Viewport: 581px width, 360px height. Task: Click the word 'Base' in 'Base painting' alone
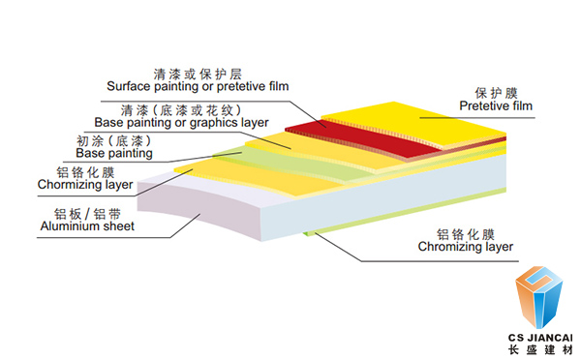[x=92, y=153]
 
